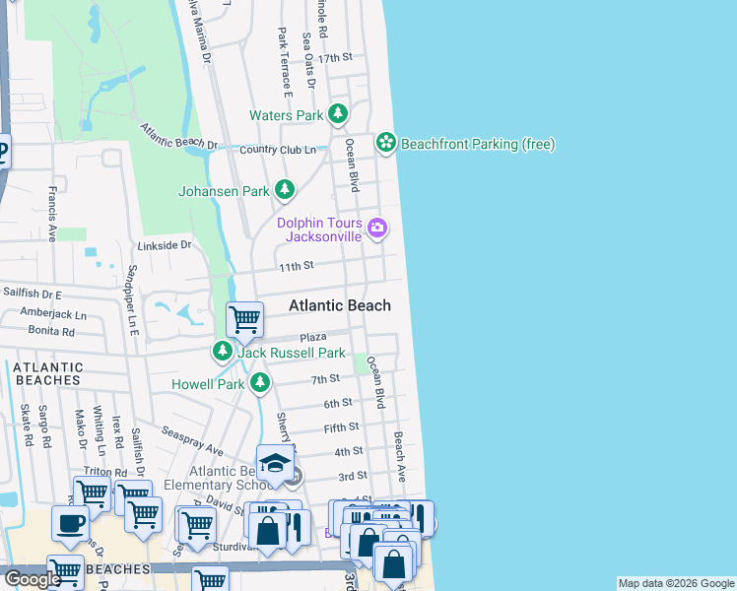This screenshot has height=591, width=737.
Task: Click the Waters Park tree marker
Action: coord(338,115)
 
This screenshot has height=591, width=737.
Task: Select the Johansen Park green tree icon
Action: coord(285,189)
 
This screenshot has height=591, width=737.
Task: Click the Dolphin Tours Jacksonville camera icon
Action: coord(376,230)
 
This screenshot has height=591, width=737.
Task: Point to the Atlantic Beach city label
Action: coord(339,305)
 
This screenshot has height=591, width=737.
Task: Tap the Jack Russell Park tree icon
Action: coord(224,351)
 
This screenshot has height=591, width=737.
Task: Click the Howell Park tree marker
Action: coord(259,383)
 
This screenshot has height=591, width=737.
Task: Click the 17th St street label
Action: coord(342,58)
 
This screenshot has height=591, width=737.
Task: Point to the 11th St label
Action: coord(295,266)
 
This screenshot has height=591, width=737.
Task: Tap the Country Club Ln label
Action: coord(277,150)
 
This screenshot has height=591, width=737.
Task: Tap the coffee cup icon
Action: coord(69,524)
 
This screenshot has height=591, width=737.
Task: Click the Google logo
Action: coord(33,579)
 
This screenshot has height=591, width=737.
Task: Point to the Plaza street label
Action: coord(313,337)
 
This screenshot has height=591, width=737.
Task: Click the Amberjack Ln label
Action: coord(53,314)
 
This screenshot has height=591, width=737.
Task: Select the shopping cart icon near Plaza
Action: coord(244,319)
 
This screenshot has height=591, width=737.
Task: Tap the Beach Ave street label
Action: coord(400,449)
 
